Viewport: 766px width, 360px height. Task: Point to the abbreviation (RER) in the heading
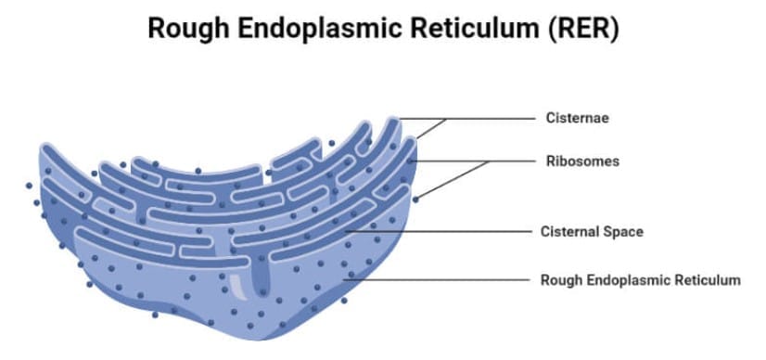[x=583, y=29]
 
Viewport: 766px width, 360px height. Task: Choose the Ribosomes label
[x=581, y=161]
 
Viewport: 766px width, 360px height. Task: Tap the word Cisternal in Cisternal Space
[x=569, y=231]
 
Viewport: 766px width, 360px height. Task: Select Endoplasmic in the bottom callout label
[x=627, y=279]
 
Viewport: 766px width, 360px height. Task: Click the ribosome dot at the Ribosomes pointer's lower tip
[x=415, y=199]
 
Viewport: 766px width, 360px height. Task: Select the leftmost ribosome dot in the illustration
[x=30, y=185]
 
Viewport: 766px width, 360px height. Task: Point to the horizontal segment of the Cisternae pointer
[x=492, y=119]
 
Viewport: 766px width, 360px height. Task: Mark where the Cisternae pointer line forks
[x=447, y=119]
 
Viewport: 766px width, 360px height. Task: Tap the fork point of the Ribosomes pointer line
[x=489, y=161]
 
